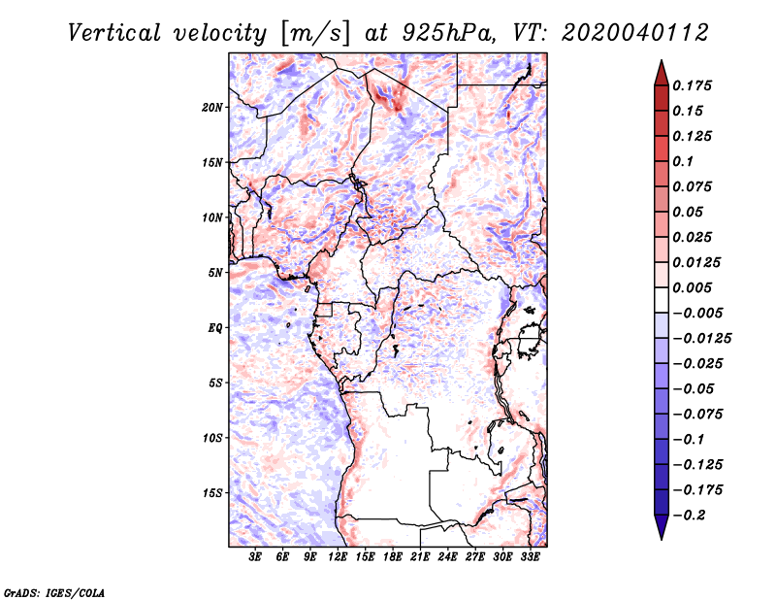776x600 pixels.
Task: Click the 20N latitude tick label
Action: (x=212, y=107)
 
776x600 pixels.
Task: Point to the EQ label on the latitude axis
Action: (x=215, y=327)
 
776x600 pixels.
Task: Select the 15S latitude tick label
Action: (x=212, y=493)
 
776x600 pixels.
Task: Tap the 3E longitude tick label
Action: (x=255, y=556)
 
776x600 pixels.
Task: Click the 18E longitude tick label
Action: (x=393, y=556)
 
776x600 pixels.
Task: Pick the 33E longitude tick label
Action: (x=530, y=556)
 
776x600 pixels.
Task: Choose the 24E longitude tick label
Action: (x=447, y=556)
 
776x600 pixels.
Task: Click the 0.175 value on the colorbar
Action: (x=692, y=85)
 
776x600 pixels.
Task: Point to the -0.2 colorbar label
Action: (x=690, y=516)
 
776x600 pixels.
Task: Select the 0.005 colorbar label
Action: (x=692, y=287)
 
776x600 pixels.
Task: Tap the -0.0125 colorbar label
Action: (x=702, y=339)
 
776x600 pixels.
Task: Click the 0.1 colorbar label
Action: (x=683, y=161)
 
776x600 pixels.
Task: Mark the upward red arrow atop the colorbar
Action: (x=662, y=73)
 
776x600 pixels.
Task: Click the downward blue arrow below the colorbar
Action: (x=662, y=527)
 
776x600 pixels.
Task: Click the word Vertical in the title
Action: (x=113, y=33)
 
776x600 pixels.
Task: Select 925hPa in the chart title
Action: (x=448, y=33)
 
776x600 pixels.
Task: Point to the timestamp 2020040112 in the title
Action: (x=635, y=33)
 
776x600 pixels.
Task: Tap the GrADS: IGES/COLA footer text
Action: (x=54, y=592)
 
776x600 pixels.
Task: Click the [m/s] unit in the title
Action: (x=314, y=34)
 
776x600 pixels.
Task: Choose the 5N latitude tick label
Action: (x=215, y=273)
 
